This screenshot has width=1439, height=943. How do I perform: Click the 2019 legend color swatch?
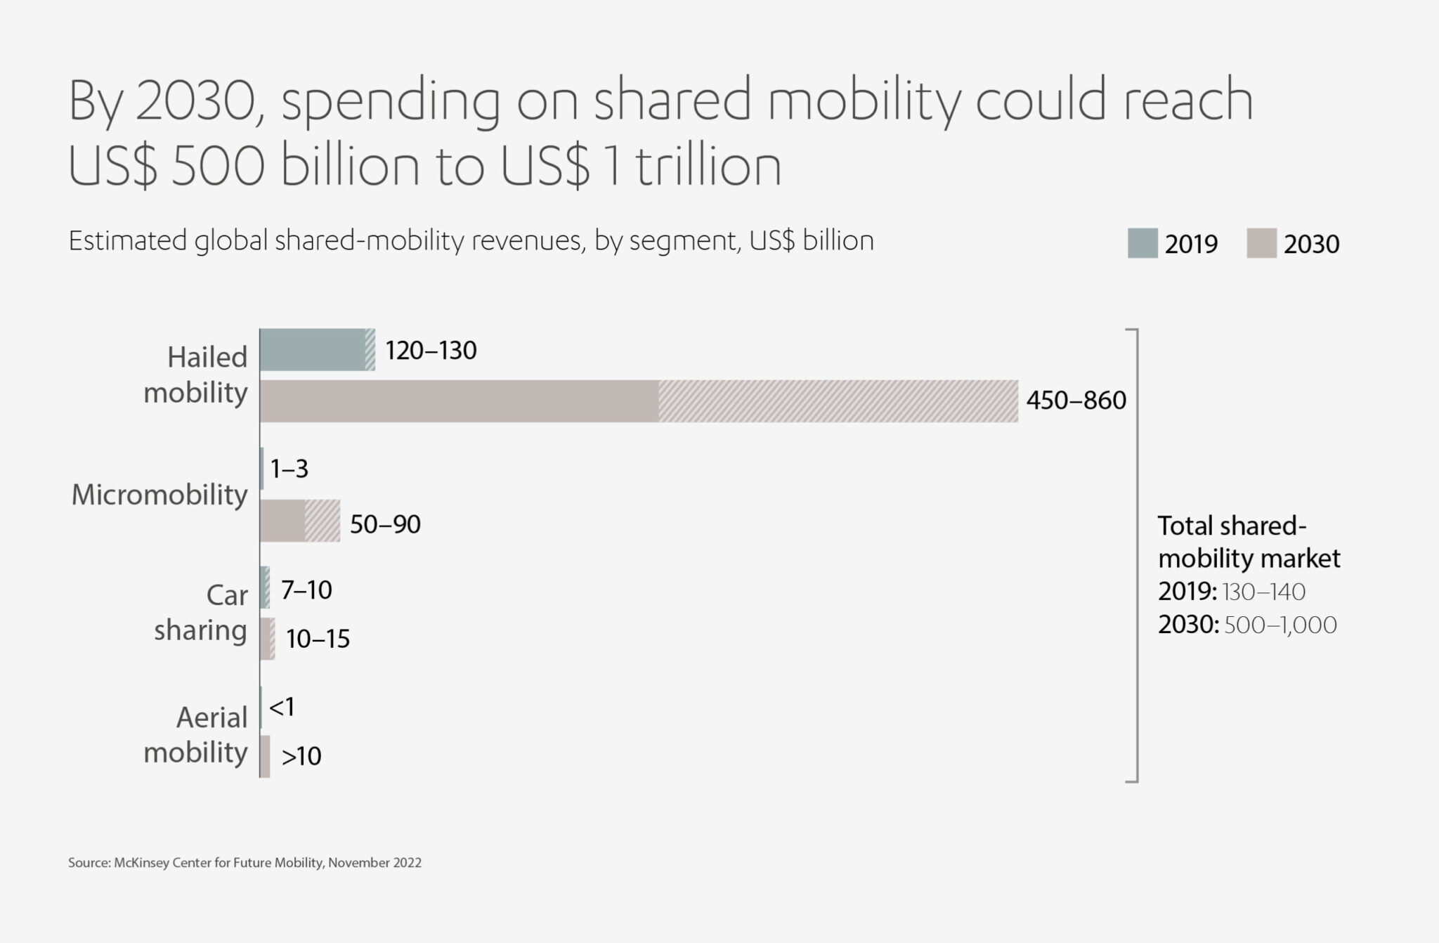1142,243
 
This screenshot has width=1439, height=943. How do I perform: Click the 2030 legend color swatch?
1261,243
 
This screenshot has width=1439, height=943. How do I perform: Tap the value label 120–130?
431,350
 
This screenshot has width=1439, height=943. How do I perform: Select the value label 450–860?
1076,401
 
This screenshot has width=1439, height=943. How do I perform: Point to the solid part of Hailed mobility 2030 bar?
459,401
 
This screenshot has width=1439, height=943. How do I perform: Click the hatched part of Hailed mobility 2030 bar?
838,401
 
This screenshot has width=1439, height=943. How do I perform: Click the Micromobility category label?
159,495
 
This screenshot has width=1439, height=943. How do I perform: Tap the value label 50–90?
385,524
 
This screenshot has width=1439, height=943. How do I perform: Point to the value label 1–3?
289,469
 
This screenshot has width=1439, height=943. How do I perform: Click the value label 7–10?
306,590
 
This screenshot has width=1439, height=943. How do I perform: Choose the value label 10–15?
318,639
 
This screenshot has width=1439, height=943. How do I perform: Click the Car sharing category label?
202,613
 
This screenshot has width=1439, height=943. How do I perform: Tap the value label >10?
301,756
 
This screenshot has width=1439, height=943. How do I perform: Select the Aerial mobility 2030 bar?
265,756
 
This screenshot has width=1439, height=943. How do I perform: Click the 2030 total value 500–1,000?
1280,625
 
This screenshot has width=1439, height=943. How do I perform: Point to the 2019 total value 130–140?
1263,592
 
